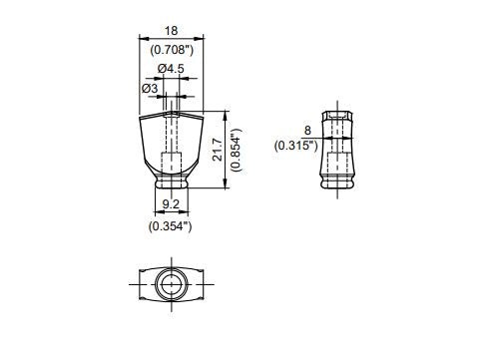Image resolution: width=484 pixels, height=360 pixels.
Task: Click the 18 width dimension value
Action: [172, 31]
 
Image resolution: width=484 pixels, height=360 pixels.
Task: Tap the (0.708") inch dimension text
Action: [172, 50]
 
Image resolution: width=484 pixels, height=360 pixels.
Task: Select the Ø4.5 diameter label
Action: [171, 69]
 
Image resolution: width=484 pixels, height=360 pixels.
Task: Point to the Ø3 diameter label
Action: [150, 89]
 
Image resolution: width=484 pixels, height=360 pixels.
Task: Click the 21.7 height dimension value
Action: [218, 150]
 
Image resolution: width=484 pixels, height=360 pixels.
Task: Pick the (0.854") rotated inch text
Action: [237, 150]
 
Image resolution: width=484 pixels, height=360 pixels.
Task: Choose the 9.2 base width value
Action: [171, 204]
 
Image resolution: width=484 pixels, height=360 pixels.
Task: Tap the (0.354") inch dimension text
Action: [170, 226]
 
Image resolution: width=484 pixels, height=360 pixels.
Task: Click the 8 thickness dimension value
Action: [307, 131]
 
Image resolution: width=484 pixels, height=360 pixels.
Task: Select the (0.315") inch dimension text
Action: [295, 146]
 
